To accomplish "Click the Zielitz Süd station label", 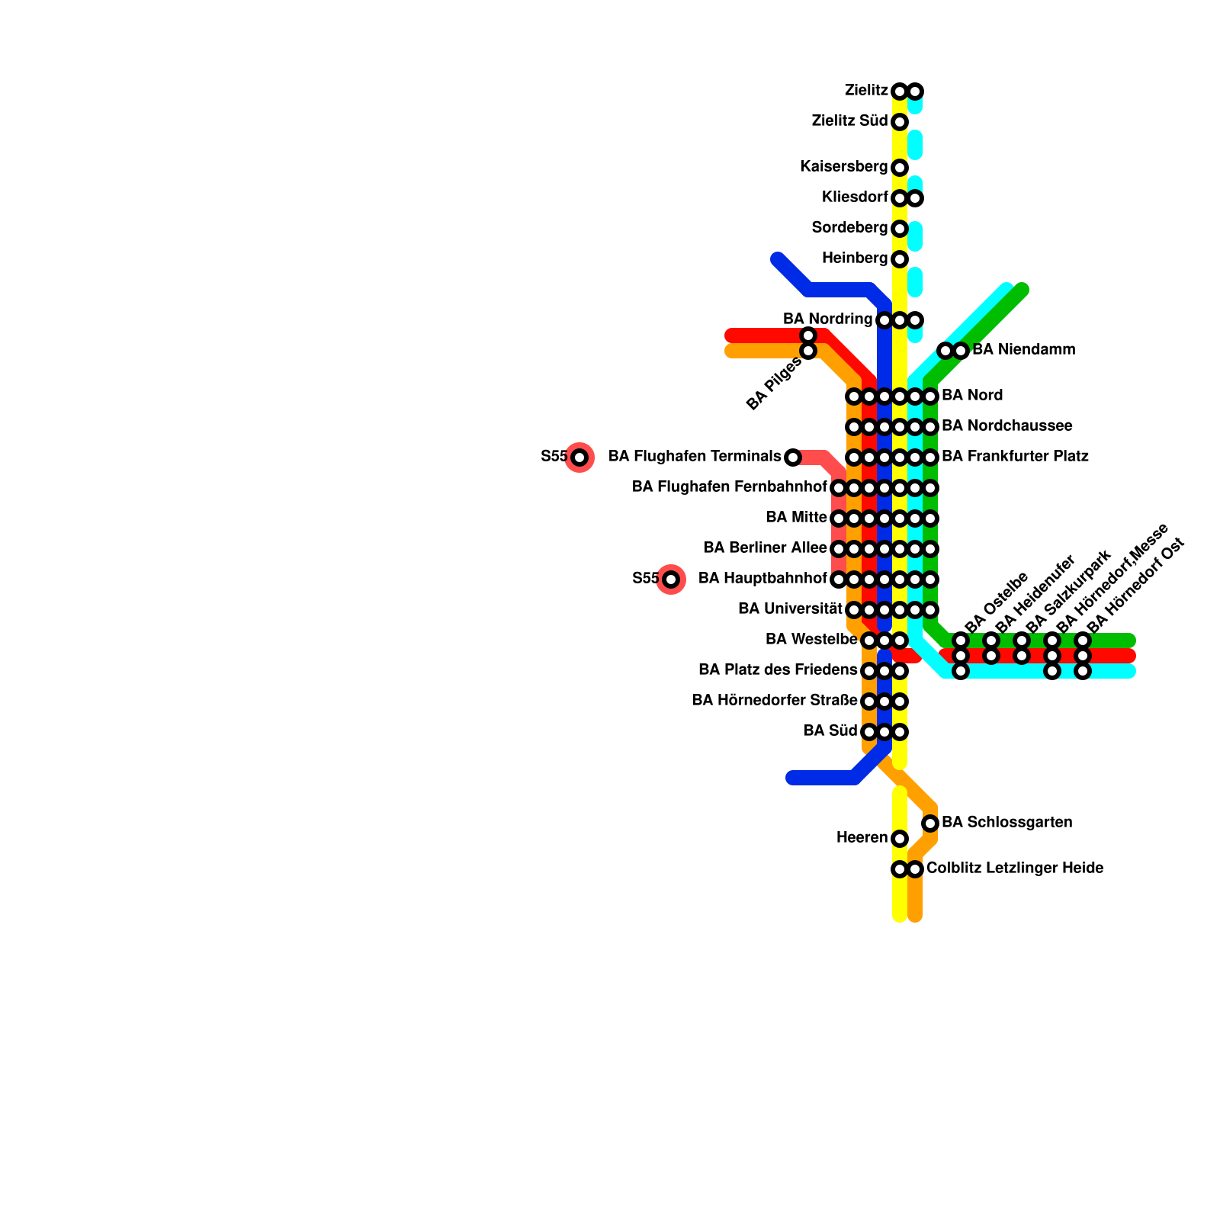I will click(x=849, y=121).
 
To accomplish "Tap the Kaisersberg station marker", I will click(x=900, y=168).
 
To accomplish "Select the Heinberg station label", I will click(x=855, y=258).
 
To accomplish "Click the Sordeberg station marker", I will click(x=900, y=229).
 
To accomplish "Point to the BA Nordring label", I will click(x=827, y=319).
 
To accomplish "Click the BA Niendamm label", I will click(x=1023, y=350).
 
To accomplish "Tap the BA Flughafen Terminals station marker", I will click(x=793, y=457).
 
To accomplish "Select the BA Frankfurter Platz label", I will click(x=1015, y=457).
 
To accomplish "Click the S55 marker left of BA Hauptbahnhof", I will click(x=671, y=579).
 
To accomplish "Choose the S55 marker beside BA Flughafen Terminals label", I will click(x=579, y=457).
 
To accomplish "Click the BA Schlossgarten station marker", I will click(x=930, y=823).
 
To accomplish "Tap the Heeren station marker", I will click(x=900, y=839).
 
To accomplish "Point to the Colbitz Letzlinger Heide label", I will click(x=1014, y=868).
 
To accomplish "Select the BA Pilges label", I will click(x=774, y=384).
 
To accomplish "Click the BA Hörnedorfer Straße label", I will click(x=774, y=701).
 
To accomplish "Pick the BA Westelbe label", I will click(x=811, y=640).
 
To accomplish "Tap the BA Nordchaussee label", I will click(x=1006, y=426).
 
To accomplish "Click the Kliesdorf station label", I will click(x=855, y=197).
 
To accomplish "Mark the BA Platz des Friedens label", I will click(x=778, y=670).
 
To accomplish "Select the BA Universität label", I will click(x=790, y=609).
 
